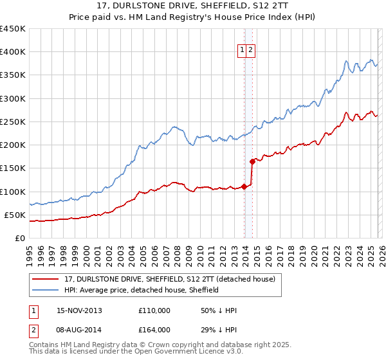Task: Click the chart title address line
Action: click(x=193, y=6)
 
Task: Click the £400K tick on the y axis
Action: click(x=12, y=52)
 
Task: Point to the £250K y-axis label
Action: click(x=12, y=122)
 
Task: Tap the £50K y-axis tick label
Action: click(x=15, y=215)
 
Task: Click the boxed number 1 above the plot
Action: click(x=243, y=51)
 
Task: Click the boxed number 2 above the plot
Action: click(x=252, y=51)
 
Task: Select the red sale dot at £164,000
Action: click(x=252, y=162)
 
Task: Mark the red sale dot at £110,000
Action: click(x=244, y=187)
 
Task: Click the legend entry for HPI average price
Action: click(x=142, y=290)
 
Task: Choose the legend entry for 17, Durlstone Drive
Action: click(x=170, y=279)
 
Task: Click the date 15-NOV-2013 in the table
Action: click(x=79, y=310)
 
